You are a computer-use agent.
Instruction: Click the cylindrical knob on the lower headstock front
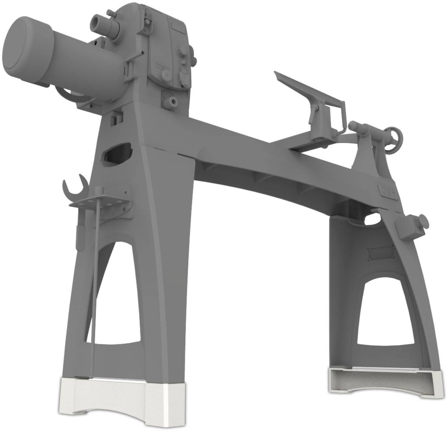tap(172, 100)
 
